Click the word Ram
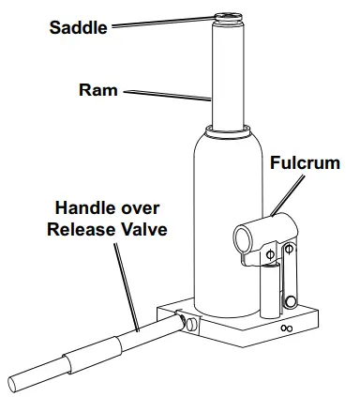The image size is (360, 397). click(x=97, y=91)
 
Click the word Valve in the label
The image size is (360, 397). click(x=141, y=228)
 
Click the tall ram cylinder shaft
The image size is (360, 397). click(x=229, y=75)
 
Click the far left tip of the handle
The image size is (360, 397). click(x=11, y=384)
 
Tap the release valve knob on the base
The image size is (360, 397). click(x=191, y=325)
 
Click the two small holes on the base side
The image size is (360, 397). click(x=285, y=328)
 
